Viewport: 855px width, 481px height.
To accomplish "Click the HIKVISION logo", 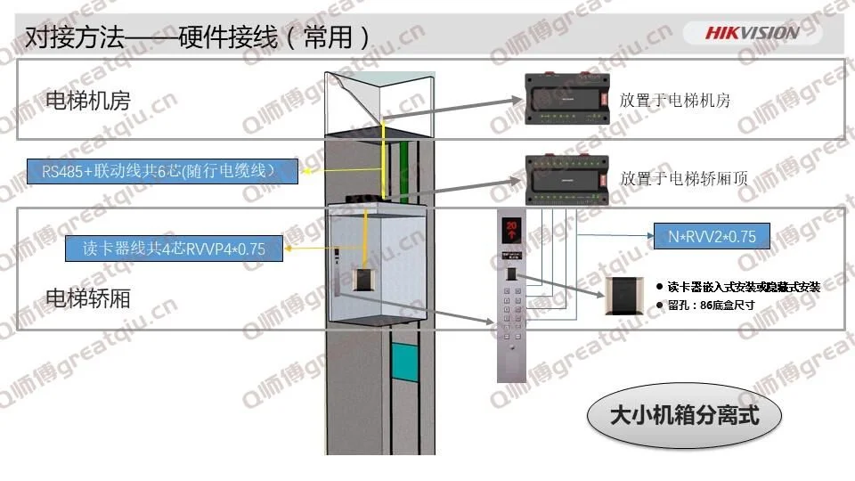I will click(x=753, y=33).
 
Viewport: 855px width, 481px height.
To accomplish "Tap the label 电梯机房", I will click(x=87, y=100).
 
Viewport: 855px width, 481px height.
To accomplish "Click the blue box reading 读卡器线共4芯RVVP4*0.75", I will click(x=175, y=249).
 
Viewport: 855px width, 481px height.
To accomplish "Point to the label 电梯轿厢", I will click(x=87, y=298).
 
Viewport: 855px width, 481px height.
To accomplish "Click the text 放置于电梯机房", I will click(x=675, y=101).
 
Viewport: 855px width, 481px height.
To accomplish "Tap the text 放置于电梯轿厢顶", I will click(x=683, y=178).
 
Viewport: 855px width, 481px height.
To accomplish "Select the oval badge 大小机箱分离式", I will click(x=684, y=415).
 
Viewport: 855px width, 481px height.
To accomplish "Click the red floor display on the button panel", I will click(x=512, y=228).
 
